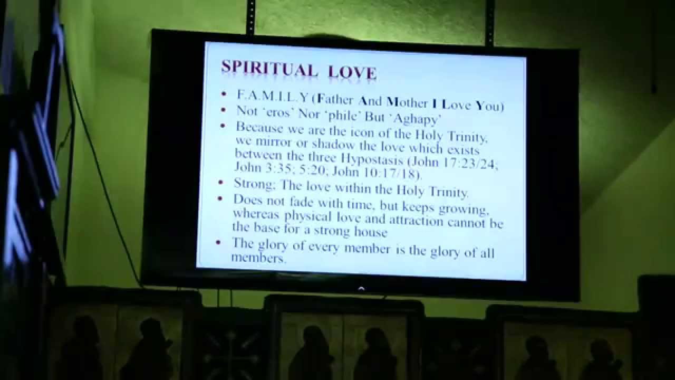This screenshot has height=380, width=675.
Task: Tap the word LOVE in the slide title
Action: [352, 72]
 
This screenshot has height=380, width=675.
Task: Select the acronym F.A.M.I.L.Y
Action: [272, 97]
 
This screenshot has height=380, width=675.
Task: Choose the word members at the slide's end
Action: [258, 258]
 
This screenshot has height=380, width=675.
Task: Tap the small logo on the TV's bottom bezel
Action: [361, 288]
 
